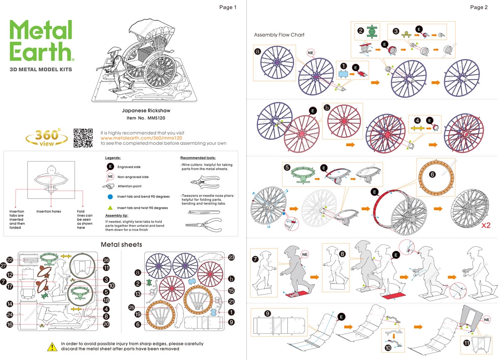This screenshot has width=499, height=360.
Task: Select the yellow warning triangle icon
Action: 52,346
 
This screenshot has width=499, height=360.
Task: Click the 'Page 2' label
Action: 479,7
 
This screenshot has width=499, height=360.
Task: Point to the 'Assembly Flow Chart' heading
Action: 279,35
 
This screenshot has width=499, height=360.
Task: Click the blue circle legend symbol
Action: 109,196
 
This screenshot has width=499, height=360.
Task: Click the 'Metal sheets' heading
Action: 121,244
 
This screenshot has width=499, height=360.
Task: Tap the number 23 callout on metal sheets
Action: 231,258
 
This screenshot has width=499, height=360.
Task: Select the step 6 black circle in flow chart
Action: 432,175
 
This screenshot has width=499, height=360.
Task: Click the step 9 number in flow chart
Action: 268,313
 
